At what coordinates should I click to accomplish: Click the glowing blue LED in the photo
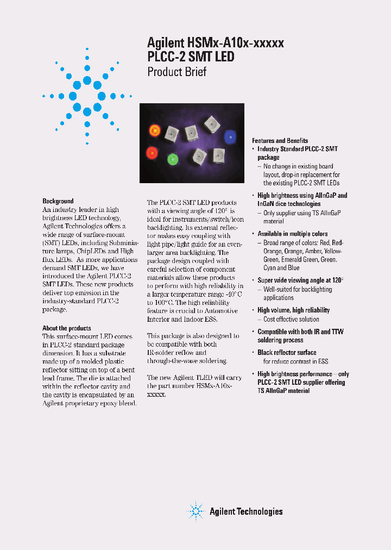coord(230,136)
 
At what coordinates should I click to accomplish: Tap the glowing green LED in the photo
coord(173,159)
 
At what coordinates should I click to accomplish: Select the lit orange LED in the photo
coord(154,130)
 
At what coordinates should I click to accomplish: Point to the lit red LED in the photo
coord(150,152)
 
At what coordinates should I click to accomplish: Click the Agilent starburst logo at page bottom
coord(195,511)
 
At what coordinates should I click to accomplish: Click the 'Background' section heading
coord(58,201)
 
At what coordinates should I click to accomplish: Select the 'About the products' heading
coord(67,328)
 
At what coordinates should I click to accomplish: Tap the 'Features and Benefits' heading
coord(280,141)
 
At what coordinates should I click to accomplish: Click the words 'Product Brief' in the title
coord(177,71)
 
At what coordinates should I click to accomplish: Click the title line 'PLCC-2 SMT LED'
coord(191,57)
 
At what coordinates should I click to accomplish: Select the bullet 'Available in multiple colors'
coord(292,234)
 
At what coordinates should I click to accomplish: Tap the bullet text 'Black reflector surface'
coord(287,353)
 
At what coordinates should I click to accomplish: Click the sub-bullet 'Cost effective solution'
coord(291,320)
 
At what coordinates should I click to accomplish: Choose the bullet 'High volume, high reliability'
coord(293,310)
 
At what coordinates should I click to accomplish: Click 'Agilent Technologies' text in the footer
coord(246,511)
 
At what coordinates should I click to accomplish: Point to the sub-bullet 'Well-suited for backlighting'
coord(297,290)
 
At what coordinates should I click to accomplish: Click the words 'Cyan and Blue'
coord(281,268)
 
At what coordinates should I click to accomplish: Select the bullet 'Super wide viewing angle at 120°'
coord(300,280)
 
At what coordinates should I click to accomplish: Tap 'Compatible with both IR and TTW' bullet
coord(300,332)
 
